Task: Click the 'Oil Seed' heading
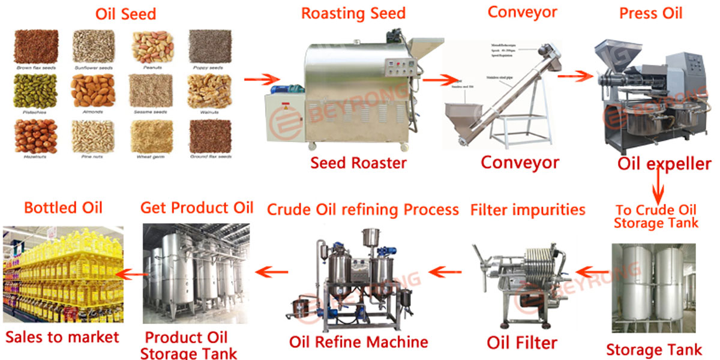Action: (125, 14)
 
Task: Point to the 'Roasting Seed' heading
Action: (353, 13)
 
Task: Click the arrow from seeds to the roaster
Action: (262, 79)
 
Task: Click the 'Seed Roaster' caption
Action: (358, 163)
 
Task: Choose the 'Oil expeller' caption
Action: (664, 164)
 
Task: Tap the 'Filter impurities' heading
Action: (527, 210)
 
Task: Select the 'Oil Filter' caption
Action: (521, 343)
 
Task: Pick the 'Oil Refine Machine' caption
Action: (358, 342)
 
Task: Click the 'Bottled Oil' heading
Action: (63, 208)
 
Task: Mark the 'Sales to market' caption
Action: (62, 337)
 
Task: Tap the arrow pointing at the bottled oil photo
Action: (133, 274)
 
